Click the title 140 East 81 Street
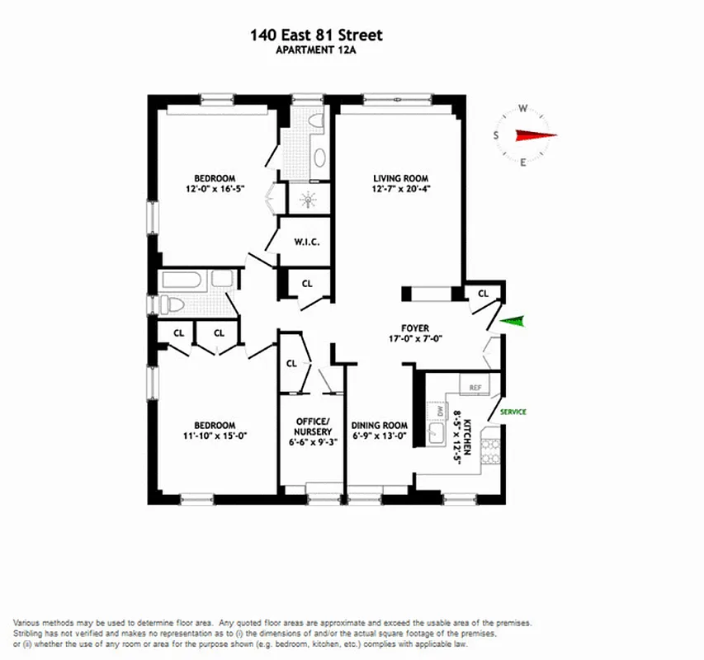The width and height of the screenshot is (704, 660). pyautogui.click(x=316, y=35)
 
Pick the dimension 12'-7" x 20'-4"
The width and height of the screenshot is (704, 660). pyautogui.click(x=402, y=189)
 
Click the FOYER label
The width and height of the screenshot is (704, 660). pyautogui.click(x=415, y=328)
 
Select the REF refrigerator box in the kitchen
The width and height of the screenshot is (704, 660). pyautogui.click(x=475, y=387)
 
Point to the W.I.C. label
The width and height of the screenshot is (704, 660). pyautogui.click(x=306, y=242)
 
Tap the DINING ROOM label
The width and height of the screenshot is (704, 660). pyautogui.click(x=380, y=426)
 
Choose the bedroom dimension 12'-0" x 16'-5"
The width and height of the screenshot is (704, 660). pyautogui.click(x=215, y=189)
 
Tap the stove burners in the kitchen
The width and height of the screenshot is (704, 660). pyautogui.click(x=490, y=450)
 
